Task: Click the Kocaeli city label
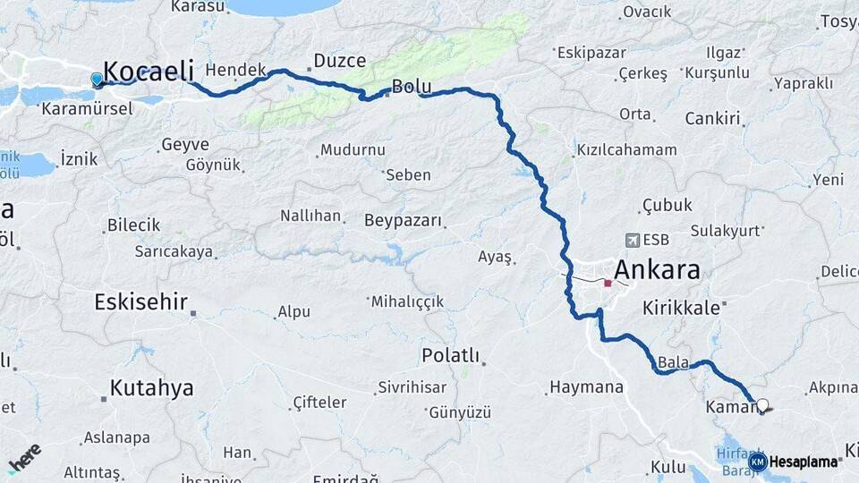pos(149,71)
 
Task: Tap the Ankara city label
pos(656,271)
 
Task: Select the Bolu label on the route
pos(412,87)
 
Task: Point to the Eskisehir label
pos(140,302)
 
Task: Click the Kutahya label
pos(151,388)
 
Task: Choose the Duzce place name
pos(339,61)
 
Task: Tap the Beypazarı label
pos(404,220)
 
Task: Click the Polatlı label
pos(450,356)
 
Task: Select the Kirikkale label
pos(681,308)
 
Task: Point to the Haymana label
pos(585,388)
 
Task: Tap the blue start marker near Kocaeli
pos(97,79)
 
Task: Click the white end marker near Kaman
pos(762,405)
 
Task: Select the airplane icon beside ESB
pos(634,241)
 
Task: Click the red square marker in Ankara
pos(608,284)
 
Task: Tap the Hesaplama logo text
pos(805,462)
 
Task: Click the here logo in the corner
pos(24,457)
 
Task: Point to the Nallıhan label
pos(310,216)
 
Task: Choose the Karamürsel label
pos(88,108)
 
